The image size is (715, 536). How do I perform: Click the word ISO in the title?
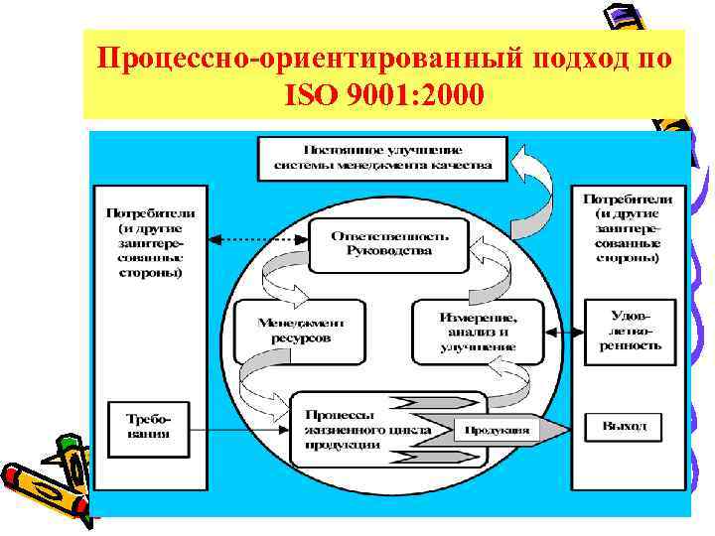point(308,97)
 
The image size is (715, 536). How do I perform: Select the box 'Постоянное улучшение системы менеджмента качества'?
point(382,158)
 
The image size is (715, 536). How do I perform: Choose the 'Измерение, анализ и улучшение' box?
point(478,331)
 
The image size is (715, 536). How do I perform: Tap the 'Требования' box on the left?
point(146,426)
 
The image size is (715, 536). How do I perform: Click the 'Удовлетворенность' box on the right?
point(630,331)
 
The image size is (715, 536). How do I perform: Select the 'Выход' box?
point(629,427)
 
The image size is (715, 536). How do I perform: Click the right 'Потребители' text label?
point(628,227)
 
